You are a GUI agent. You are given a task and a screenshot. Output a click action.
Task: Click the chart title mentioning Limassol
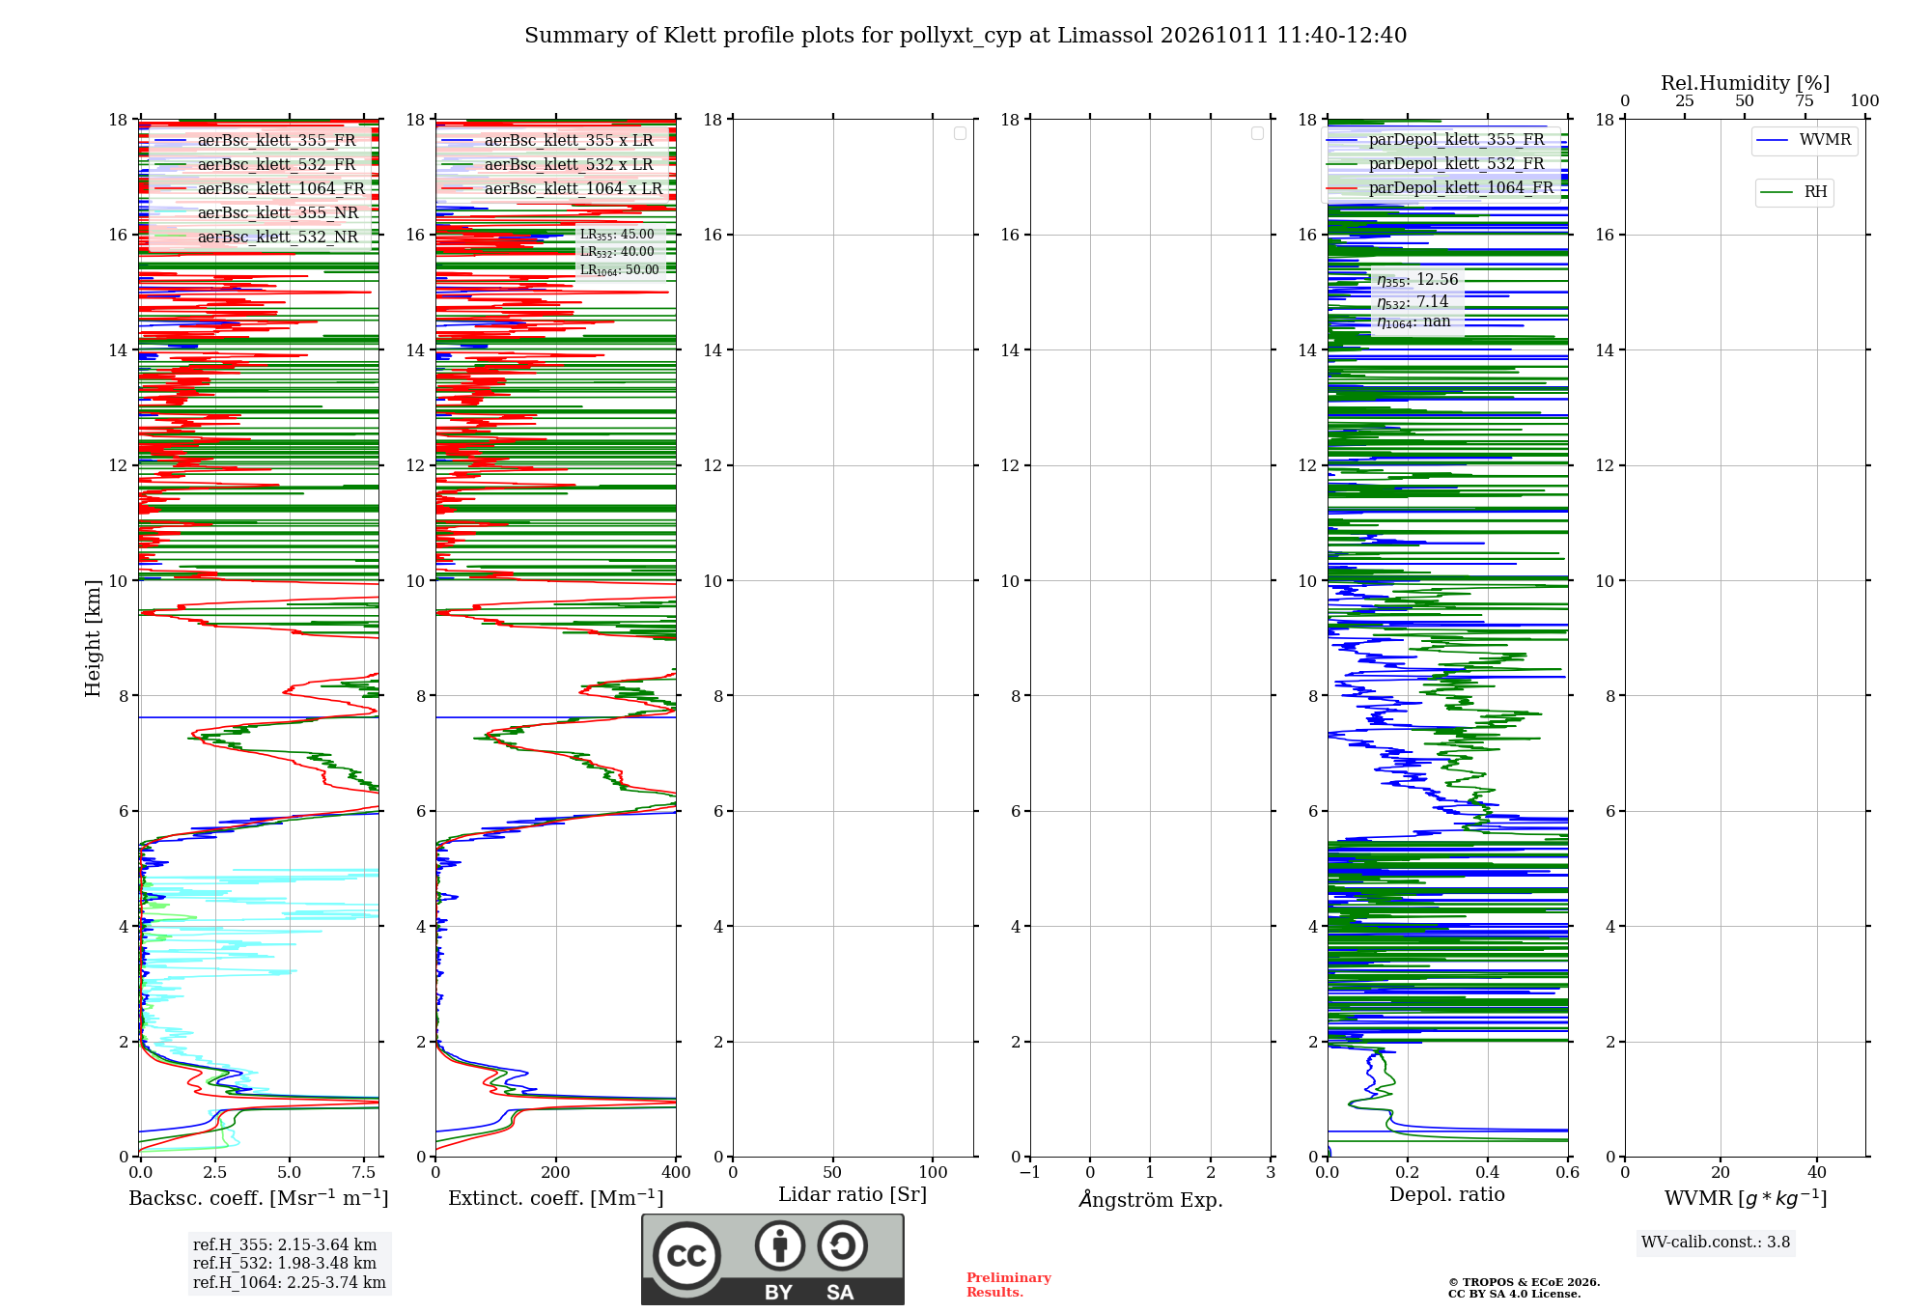tap(965, 36)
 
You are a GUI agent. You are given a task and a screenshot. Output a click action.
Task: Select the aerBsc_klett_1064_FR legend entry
tap(260, 188)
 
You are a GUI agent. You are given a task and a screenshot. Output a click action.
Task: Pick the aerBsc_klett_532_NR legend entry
tap(257, 237)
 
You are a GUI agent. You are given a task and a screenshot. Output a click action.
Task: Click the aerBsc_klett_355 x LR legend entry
tap(548, 140)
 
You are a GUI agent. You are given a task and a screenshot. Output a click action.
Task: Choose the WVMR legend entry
tap(1805, 140)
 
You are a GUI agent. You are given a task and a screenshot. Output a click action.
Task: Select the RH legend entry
tap(1794, 192)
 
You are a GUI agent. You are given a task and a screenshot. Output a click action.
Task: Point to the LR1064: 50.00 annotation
tap(620, 270)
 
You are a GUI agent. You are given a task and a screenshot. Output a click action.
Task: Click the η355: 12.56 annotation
tap(1417, 280)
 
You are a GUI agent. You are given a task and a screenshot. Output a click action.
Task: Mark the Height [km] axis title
tap(93, 638)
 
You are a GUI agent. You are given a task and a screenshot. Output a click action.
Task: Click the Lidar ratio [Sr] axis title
tap(853, 1194)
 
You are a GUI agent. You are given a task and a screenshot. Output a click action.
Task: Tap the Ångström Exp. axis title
tap(1151, 1199)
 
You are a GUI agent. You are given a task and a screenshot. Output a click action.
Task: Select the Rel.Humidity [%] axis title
tap(1746, 83)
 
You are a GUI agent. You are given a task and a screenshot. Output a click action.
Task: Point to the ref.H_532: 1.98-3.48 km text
tap(285, 1263)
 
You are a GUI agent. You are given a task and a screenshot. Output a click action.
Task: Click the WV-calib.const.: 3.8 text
tap(1716, 1243)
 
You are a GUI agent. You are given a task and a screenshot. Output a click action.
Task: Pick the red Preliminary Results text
tap(1009, 1285)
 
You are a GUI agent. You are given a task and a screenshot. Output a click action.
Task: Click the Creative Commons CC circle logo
tap(686, 1256)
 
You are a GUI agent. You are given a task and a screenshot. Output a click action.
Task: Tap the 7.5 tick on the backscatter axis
tap(364, 1173)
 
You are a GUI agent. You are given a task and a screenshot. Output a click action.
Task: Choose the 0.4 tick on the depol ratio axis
tap(1488, 1173)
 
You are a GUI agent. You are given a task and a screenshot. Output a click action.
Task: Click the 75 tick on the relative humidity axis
tap(1805, 100)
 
